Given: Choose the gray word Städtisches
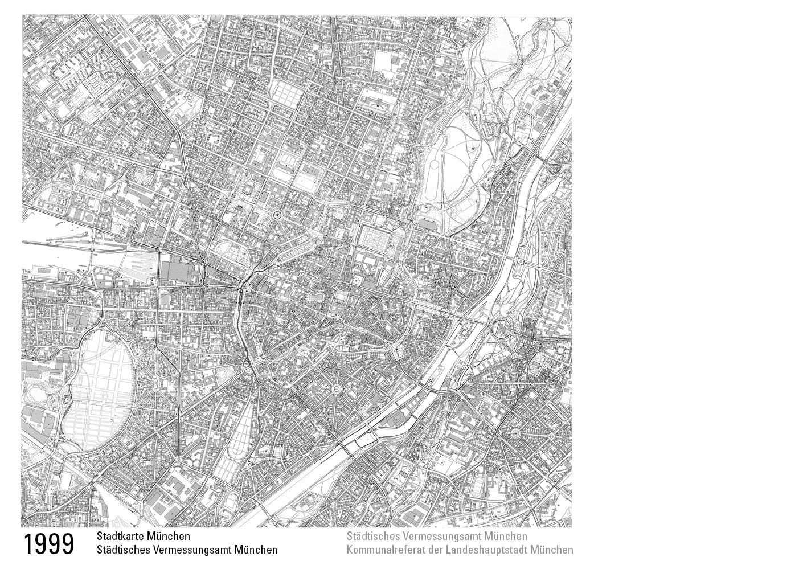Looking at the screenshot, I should coord(371,537).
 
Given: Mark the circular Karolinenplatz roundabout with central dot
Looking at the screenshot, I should coord(277,215).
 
